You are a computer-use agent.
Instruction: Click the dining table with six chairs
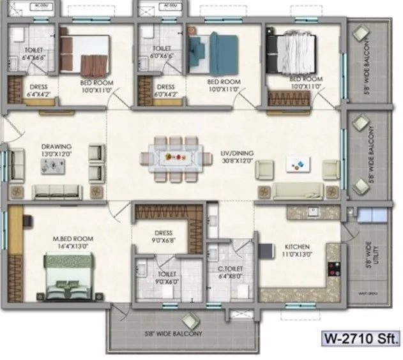coord(175,156)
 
